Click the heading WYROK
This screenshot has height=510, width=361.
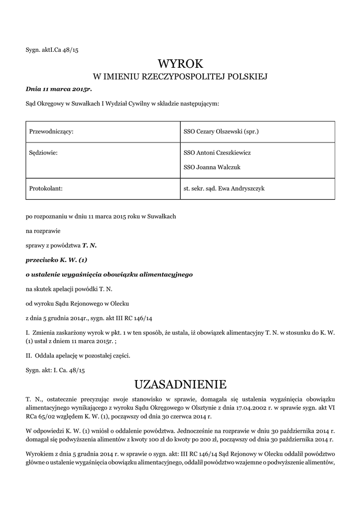[180, 64]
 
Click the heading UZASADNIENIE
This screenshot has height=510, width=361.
[180, 384]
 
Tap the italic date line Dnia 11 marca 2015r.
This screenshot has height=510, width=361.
[59, 89]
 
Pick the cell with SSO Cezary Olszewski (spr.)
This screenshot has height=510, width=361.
[221, 132]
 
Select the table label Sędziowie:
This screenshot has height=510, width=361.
[44, 153]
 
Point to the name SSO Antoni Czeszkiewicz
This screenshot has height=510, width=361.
[217, 153]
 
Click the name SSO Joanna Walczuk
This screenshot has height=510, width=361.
[212, 167]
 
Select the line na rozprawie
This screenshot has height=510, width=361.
[43, 231]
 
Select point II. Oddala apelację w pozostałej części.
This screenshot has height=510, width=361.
[78, 356]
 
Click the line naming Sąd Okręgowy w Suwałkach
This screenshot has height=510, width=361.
[122, 104]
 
